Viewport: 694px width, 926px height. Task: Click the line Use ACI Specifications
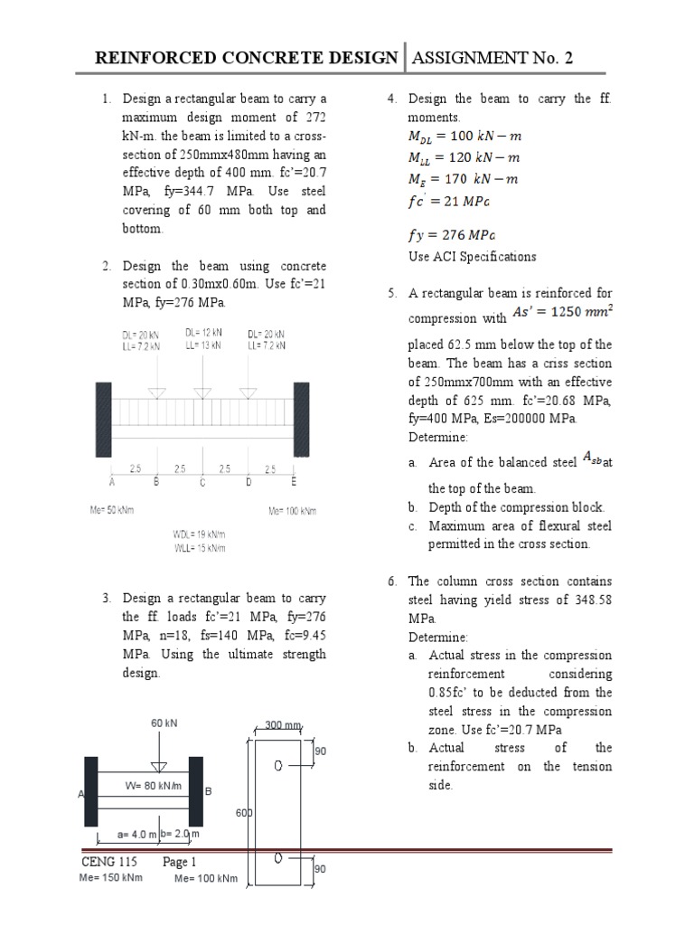pos(472,256)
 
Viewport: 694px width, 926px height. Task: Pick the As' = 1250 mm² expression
pos(560,312)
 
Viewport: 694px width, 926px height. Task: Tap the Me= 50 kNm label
pos(111,511)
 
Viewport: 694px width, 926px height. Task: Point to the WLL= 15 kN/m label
pos(205,548)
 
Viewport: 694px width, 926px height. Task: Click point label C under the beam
pos(202,482)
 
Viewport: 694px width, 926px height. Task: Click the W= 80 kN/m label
pos(153,786)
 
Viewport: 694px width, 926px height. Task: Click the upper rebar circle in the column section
pos(279,765)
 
